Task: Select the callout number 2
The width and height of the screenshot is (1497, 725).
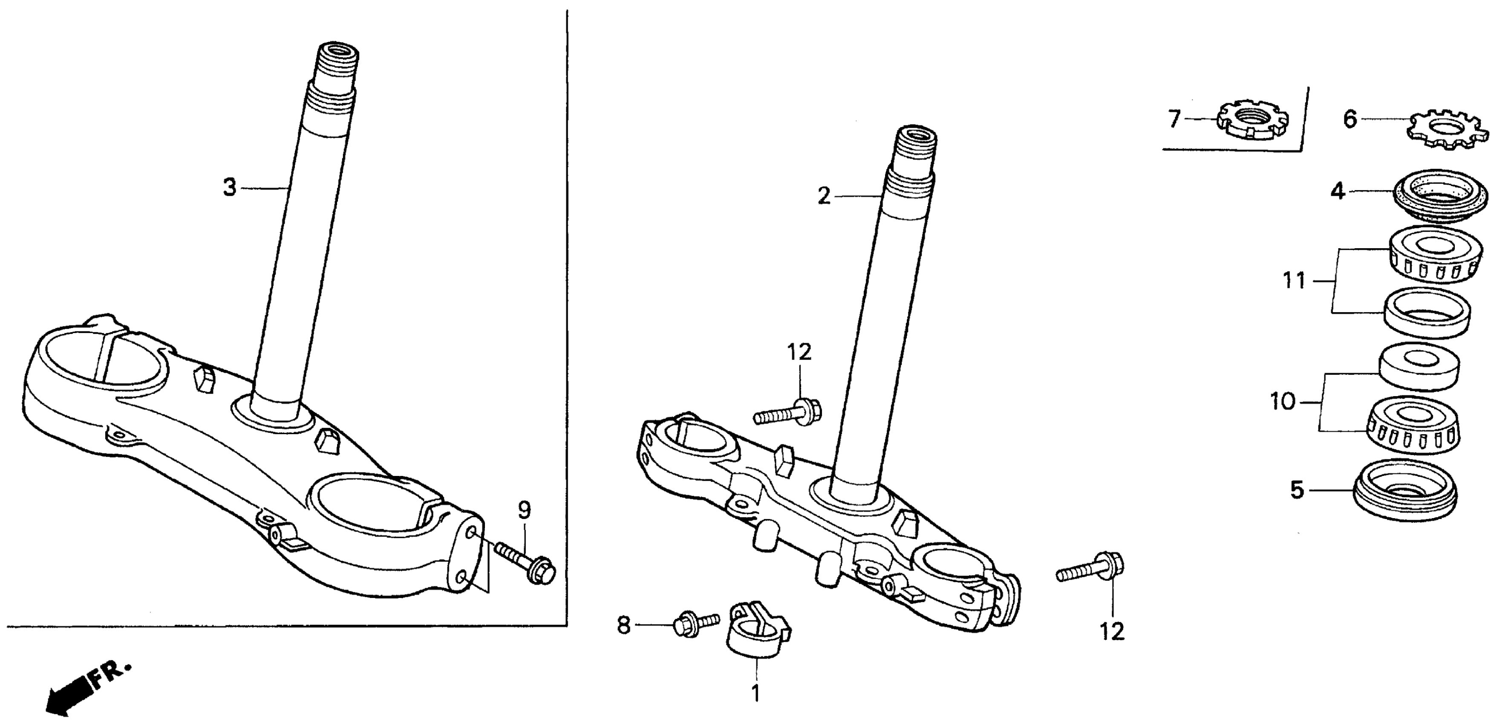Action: click(823, 197)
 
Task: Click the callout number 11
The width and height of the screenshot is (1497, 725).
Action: click(1295, 281)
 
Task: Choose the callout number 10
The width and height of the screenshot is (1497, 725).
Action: click(1283, 402)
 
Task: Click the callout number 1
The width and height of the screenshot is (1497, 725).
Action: click(756, 693)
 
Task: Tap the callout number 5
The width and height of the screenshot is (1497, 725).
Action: click(1298, 490)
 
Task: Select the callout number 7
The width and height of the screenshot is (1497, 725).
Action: click(1174, 119)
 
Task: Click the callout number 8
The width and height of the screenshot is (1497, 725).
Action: click(623, 626)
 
